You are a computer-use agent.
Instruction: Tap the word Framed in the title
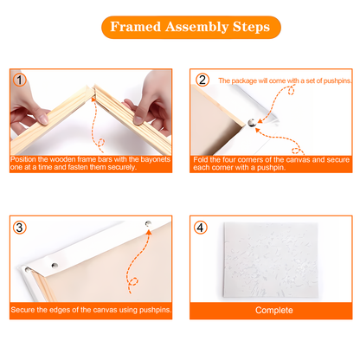click(x=136, y=27)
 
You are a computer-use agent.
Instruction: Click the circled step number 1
click(x=20, y=80)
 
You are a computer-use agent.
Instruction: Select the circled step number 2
click(x=202, y=80)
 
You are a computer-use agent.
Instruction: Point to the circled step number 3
click(x=20, y=228)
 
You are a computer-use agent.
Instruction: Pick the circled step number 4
click(x=201, y=228)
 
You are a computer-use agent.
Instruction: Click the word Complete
click(x=274, y=310)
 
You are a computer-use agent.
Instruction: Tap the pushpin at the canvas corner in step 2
click(x=252, y=123)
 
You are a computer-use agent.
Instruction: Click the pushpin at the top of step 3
click(x=148, y=223)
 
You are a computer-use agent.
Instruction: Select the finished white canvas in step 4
click(x=271, y=260)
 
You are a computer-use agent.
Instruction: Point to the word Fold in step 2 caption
click(x=201, y=160)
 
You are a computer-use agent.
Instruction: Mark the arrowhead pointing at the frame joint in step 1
click(x=93, y=100)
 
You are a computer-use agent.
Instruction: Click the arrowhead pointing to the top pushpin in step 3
click(x=149, y=232)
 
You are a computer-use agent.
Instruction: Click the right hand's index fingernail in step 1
click(x=138, y=120)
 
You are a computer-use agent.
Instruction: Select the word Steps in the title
click(x=251, y=27)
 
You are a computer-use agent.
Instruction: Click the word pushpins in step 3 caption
click(x=155, y=310)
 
